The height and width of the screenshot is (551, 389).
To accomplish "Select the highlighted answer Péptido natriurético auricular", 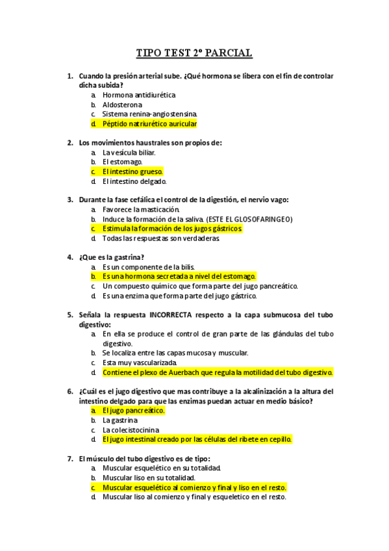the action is pyautogui.click(x=149, y=123).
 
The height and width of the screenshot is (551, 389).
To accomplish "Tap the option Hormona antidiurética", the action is pyautogui.click(x=139, y=95).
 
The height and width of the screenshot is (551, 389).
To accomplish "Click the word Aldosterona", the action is pyautogui.click(x=122, y=105).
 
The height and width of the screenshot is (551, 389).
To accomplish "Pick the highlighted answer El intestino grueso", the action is pyautogui.click(x=132, y=172).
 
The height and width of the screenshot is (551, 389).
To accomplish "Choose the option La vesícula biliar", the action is pyautogui.click(x=129, y=152).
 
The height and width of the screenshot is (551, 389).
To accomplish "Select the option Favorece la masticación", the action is pyautogui.click(x=140, y=210).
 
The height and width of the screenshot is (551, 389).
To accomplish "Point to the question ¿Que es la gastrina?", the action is pyautogui.click(x=111, y=257).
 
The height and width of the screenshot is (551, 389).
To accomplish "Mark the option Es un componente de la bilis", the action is pyautogui.click(x=148, y=267).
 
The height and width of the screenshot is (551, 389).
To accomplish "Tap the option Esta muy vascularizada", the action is pyautogui.click(x=139, y=363).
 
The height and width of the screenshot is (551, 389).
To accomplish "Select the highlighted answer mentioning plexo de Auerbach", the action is pyautogui.click(x=218, y=372).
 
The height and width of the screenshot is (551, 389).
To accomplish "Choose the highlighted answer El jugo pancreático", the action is pyautogui.click(x=134, y=411).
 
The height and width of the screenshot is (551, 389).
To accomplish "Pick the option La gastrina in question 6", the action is pyautogui.click(x=119, y=420).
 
